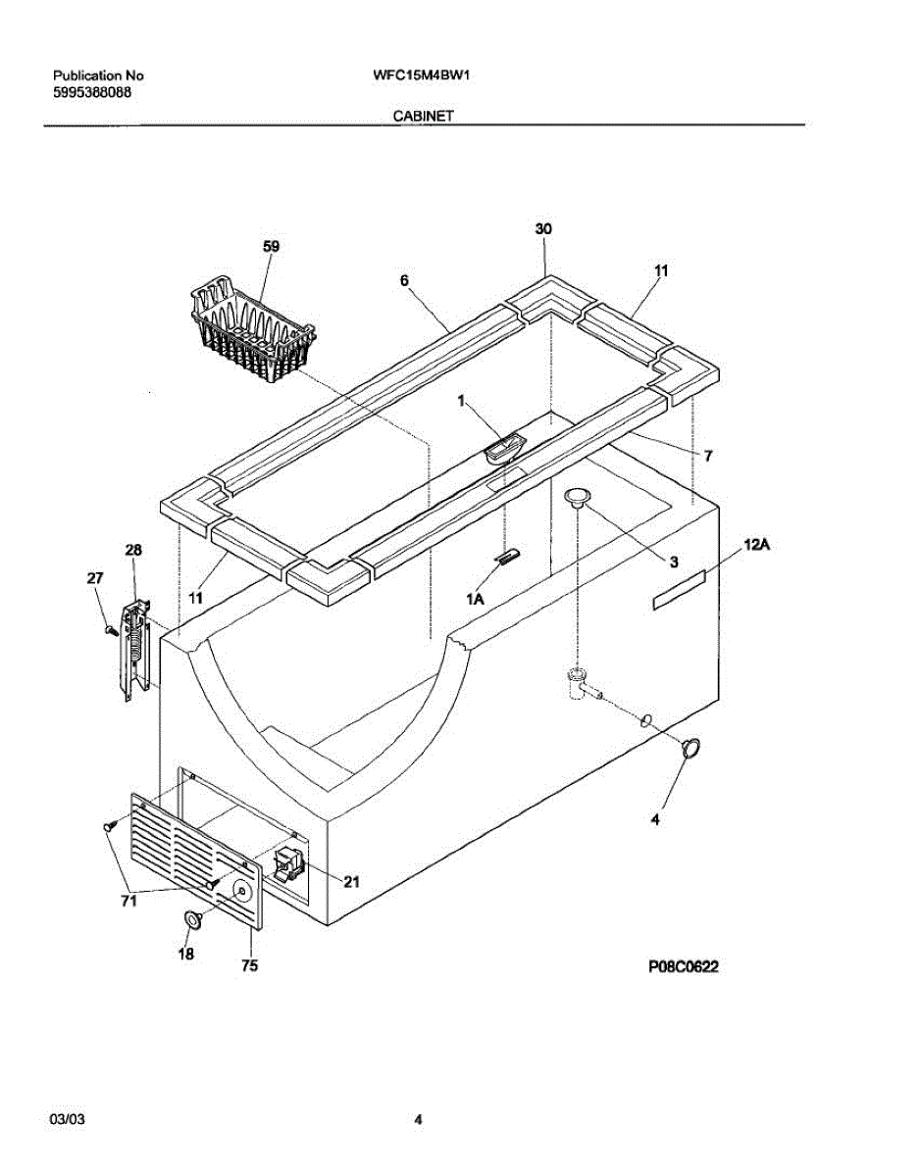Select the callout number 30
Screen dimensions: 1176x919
coord(543,228)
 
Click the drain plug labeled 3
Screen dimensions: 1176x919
coord(578,498)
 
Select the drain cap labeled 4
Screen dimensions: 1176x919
coord(692,748)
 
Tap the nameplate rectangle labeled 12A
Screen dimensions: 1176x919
coord(678,593)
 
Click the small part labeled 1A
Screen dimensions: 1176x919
coord(507,558)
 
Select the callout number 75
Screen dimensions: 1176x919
coord(249,966)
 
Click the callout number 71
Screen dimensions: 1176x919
coord(128,903)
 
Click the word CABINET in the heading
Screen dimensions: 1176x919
coord(423,116)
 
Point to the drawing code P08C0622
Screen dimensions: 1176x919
coord(684,966)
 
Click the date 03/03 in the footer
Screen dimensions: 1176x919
coord(65,1119)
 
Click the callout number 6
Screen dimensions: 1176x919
coord(404,280)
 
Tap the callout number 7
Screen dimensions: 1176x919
coord(707,456)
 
